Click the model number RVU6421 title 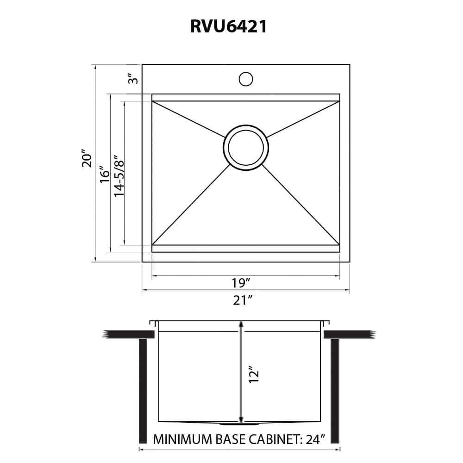click(x=228, y=26)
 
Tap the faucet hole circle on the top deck click(x=246, y=79)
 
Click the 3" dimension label click(x=133, y=79)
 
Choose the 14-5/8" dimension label click(x=119, y=175)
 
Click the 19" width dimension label click(x=241, y=282)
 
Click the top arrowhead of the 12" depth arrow click(x=240, y=324)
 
